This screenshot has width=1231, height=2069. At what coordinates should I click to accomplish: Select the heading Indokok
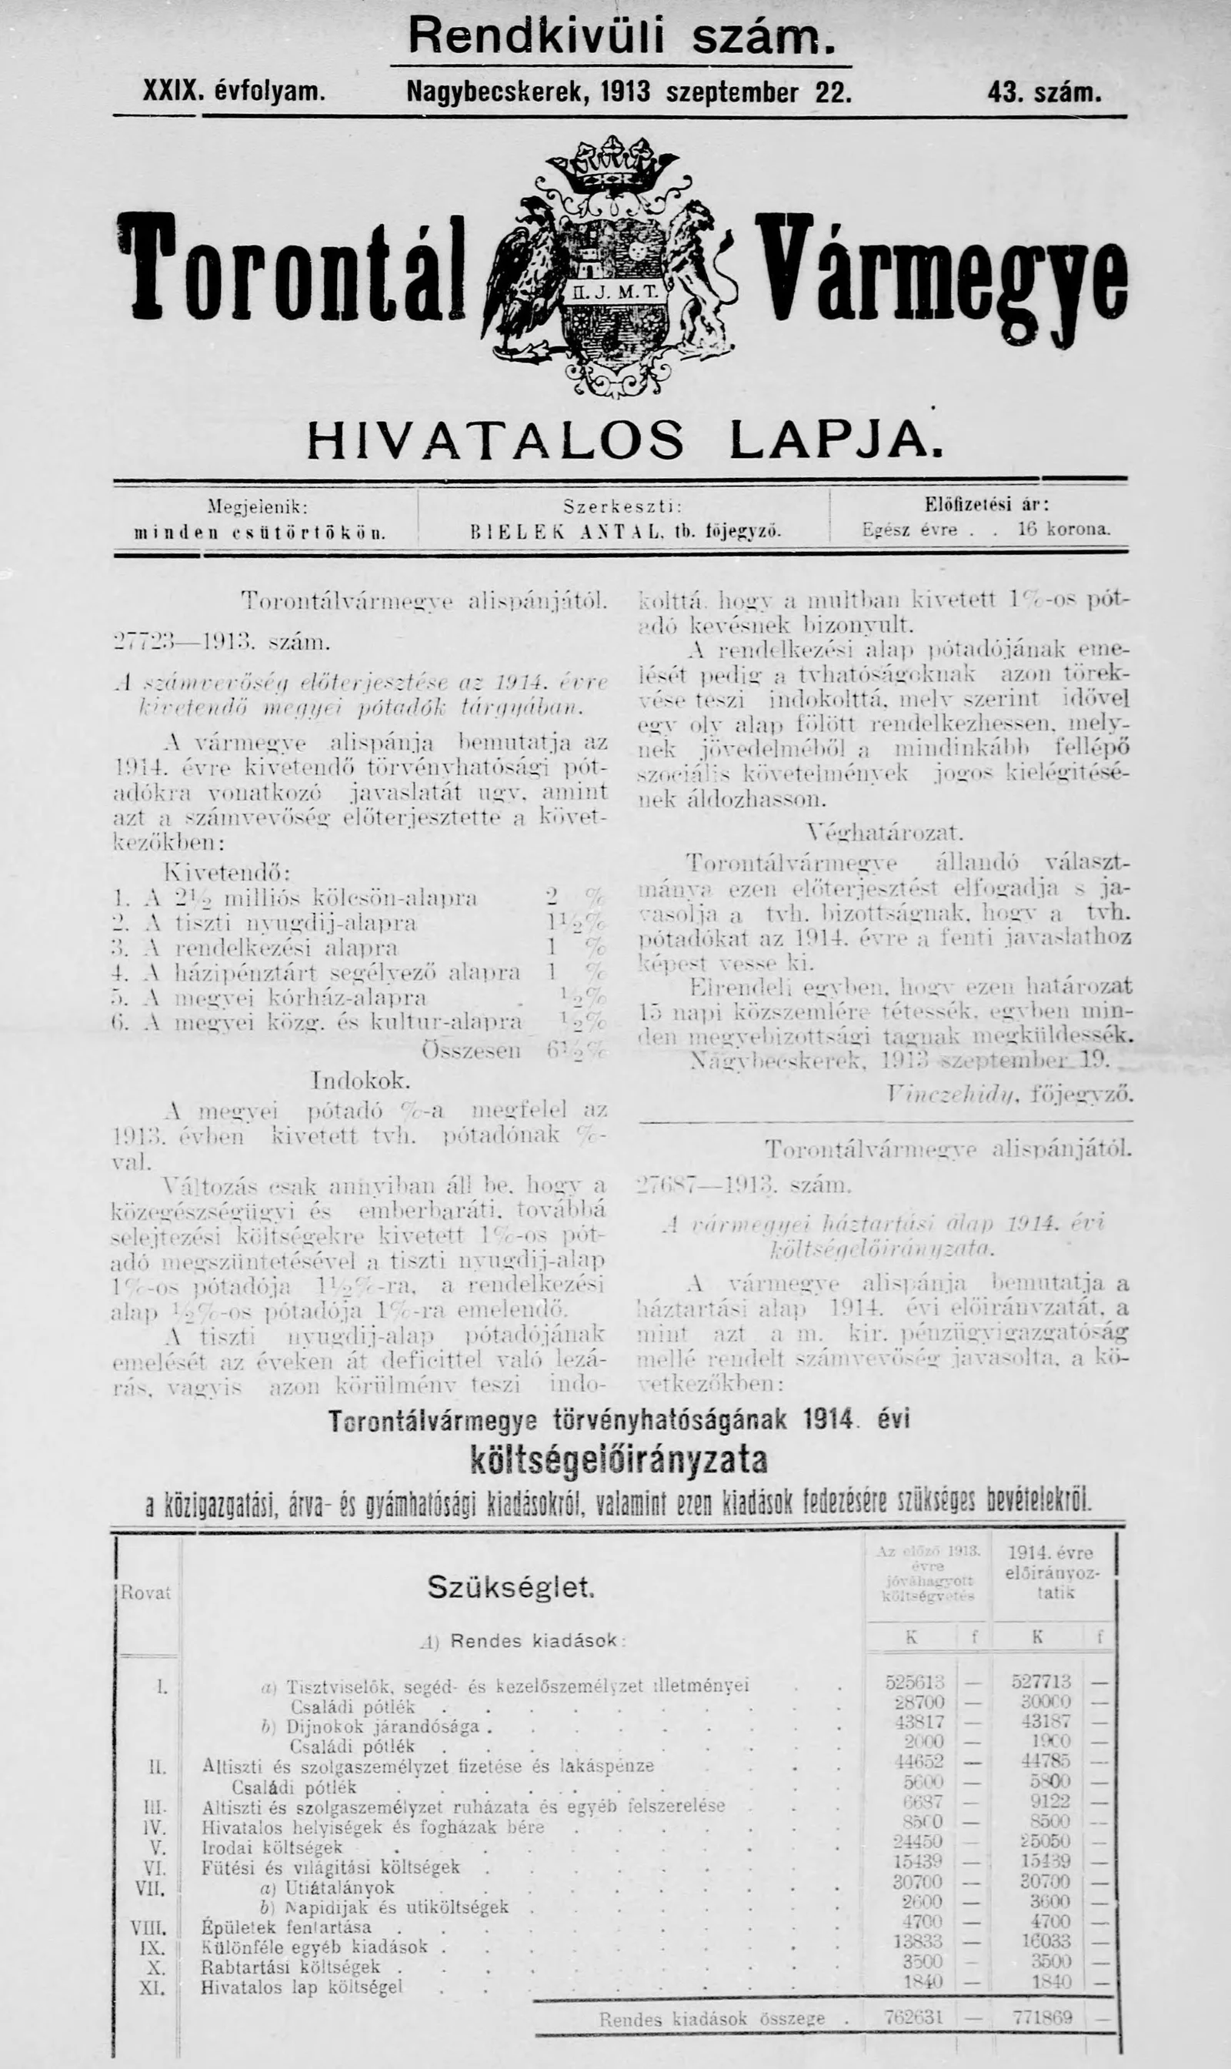pyautogui.click(x=360, y=1081)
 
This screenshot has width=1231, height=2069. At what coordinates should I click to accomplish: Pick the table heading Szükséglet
pyautogui.click(x=511, y=1587)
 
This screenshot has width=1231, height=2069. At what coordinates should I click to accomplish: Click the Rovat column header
pyautogui.click(x=146, y=1593)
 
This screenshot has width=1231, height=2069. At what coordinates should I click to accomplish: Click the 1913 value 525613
pyautogui.click(x=914, y=1683)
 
